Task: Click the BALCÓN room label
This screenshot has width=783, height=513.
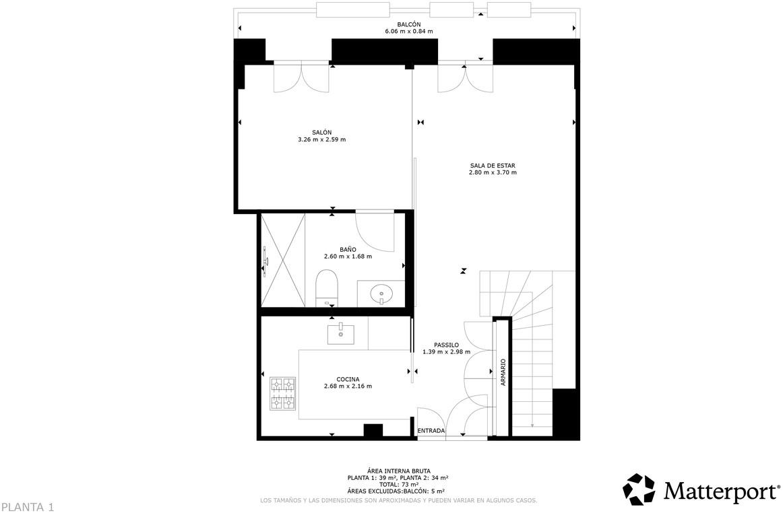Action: (408, 24)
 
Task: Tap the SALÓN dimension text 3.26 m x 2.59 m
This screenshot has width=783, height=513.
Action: (321, 140)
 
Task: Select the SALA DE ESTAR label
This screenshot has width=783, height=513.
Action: (493, 165)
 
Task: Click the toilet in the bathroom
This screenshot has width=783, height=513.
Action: (326, 288)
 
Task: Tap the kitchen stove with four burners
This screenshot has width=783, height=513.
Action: (283, 394)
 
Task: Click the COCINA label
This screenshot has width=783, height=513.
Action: (348, 379)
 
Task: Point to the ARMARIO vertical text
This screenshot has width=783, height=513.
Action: (503, 372)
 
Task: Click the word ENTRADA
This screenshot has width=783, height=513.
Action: (431, 431)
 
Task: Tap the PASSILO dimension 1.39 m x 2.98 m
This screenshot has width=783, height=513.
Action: (446, 352)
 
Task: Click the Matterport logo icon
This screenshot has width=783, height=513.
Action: (638, 489)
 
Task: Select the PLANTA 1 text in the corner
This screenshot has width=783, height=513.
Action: (27, 506)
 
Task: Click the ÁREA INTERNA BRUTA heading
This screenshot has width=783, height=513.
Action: (399, 471)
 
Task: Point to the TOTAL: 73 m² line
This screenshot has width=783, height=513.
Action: (399, 484)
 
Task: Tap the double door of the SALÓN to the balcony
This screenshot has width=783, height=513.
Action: (301, 77)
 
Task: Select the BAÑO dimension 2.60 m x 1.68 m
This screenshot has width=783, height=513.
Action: (348, 256)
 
